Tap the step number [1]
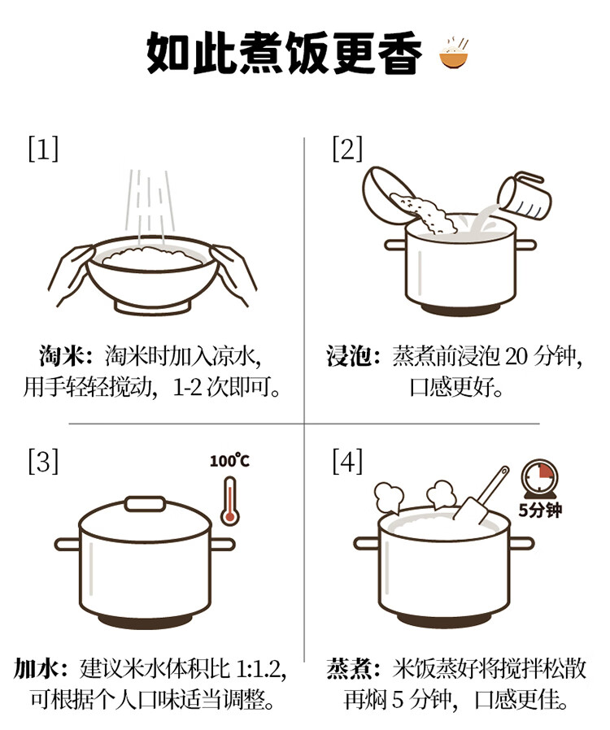pos(44,149)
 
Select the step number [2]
pos(347,149)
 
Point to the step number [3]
pos(44,461)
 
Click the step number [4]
pos(347,461)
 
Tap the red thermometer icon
pos(229,502)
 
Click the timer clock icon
pos(539,480)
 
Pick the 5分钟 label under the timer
pos(540,511)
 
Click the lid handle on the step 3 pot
pos(145,504)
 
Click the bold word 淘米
pos(63,358)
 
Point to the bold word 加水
pos(37,669)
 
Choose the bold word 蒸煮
pos(350,669)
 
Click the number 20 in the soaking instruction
pos(516,357)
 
